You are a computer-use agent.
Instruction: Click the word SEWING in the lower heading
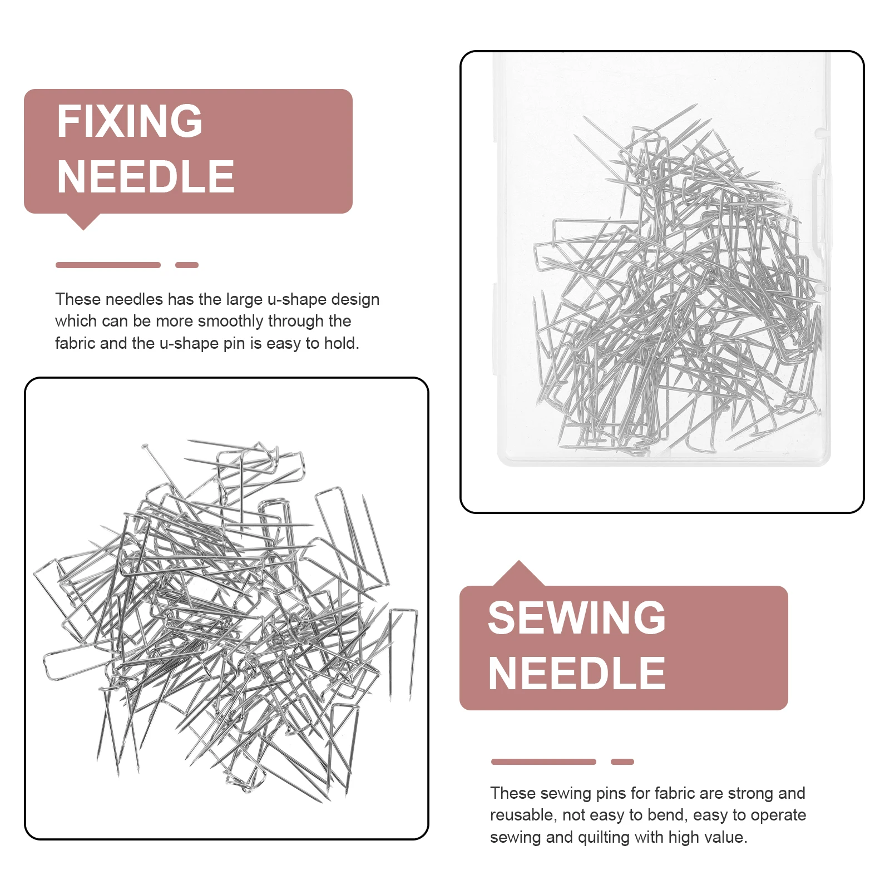point(577,618)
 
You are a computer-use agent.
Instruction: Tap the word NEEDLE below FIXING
point(146,177)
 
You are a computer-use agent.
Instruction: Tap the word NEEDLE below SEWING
point(577,674)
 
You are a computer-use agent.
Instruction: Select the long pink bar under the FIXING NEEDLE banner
point(108,265)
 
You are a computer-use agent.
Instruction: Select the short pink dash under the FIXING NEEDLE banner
point(187,265)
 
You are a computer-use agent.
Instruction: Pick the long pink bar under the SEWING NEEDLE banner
point(543,762)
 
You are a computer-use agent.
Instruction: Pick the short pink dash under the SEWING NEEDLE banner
point(622,762)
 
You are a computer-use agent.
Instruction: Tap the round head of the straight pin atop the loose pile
point(145,446)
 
